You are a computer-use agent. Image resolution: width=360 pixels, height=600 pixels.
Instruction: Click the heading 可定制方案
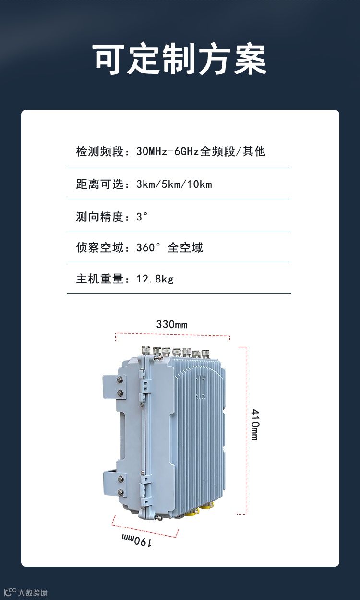tap(180, 60)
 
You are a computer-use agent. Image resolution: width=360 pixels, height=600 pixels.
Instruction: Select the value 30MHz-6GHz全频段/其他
tap(201, 152)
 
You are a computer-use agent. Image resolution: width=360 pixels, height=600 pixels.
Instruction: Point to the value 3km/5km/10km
tap(174, 184)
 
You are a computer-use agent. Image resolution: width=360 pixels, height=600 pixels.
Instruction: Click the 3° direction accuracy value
tap(141, 216)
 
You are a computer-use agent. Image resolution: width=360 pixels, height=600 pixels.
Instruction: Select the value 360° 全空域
tap(169, 247)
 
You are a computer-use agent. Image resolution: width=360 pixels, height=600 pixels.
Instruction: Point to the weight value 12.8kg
tap(155, 279)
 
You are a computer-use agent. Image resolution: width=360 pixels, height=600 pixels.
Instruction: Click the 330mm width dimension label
tap(172, 325)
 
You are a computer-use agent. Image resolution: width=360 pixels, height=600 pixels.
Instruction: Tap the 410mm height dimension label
tap(255, 425)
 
